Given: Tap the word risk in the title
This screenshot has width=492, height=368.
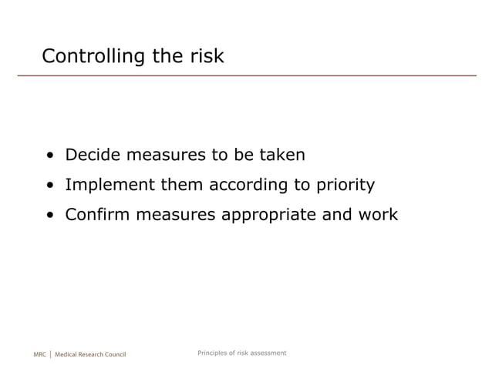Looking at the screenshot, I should point(204,56).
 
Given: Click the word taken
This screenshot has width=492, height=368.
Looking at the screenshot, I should point(281,156).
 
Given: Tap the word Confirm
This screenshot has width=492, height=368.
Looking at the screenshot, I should point(98,214).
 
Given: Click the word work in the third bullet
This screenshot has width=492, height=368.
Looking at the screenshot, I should point(377,214).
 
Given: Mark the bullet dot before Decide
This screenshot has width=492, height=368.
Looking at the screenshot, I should point(49,156).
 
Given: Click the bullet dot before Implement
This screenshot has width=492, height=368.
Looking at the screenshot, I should point(49,186).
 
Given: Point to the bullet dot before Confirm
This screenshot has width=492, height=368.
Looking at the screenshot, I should point(49,215).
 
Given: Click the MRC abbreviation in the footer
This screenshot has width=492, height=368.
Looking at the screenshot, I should point(40,354).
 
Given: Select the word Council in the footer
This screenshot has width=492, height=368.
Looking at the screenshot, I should point(113,354).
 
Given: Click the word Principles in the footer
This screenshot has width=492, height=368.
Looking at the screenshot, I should point(214,353).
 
